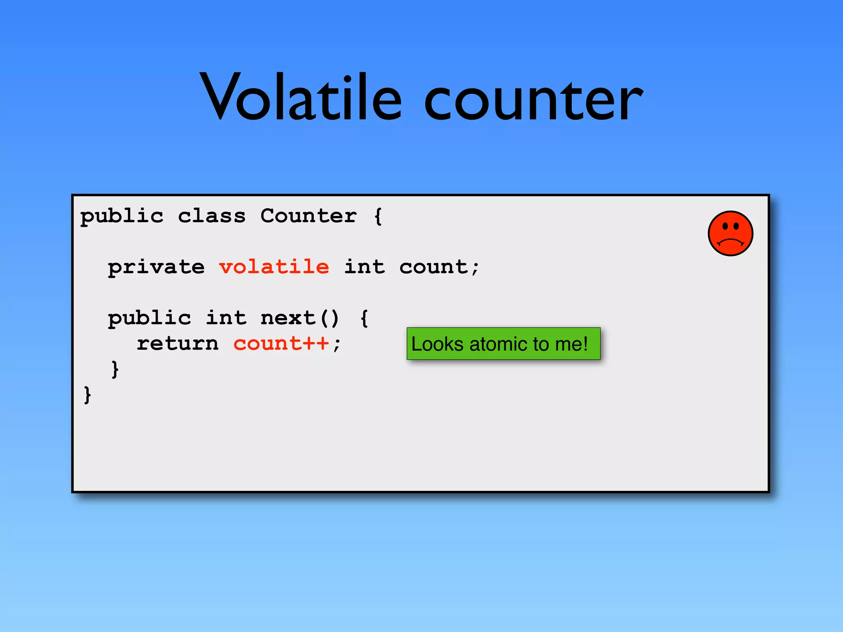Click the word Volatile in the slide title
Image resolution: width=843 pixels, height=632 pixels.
(x=300, y=99)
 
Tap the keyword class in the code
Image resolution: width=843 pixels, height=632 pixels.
(x=212, y=216)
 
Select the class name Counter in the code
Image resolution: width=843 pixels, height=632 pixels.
(x=308, y=216)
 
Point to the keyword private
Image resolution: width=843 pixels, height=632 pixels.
(x=156, y=267)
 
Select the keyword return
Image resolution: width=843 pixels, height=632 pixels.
(x=177, y=344)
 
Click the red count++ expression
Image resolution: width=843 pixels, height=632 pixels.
(x=281, y=344)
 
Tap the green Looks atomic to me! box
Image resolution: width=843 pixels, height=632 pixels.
(x=503, y=344)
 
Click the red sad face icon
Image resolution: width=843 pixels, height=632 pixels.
(x=730, y=233)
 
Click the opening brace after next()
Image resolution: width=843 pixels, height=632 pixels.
(x=364, y=318)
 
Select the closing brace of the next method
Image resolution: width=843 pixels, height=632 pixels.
(x=115, y=369)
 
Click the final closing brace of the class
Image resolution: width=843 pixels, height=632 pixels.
(x=87, y=395)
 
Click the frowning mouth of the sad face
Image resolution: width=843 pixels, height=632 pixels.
(x=730, y=242)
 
